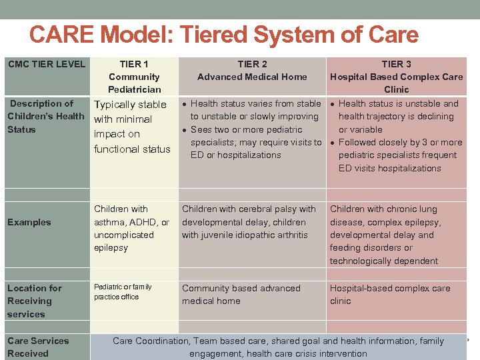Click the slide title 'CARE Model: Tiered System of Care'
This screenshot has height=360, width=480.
(x=224, y=35)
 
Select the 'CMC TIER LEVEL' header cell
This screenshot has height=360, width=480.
(x=47, y=64)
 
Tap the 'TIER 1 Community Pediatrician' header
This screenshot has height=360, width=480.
(x=134, y=77)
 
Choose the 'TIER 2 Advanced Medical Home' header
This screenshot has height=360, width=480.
(x=252, y=70)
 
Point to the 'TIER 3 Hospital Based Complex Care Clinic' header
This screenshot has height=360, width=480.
(x=396, y=77)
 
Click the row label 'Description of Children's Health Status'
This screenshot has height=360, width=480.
(x=45, y=116)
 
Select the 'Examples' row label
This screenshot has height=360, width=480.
(x=29, y=222)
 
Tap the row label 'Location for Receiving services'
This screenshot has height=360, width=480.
(x=34, y=301)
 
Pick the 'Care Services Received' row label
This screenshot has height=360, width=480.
(x=38, y=347)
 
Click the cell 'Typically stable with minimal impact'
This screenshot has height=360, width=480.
(x=132, y=127)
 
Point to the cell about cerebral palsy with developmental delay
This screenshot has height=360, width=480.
(x=249, y=222)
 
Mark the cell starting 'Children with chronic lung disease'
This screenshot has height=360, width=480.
(x=385, y=235)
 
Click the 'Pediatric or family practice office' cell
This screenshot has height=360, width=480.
(x=123, y=291)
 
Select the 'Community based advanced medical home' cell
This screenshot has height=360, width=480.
(x=241, y=295)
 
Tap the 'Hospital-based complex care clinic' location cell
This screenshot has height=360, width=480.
(x=389, y=295)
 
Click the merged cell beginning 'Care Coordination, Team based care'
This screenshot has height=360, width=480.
(x=278, y=347)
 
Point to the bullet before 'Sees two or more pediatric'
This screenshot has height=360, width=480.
(x=185, y=130)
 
